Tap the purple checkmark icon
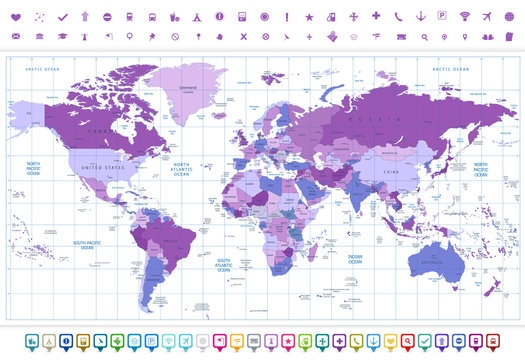coord(63,16)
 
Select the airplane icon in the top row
coord(487,16)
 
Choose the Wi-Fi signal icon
coord(464,16)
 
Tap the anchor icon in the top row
coord(420,16)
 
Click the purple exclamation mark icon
coord(287,16)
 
